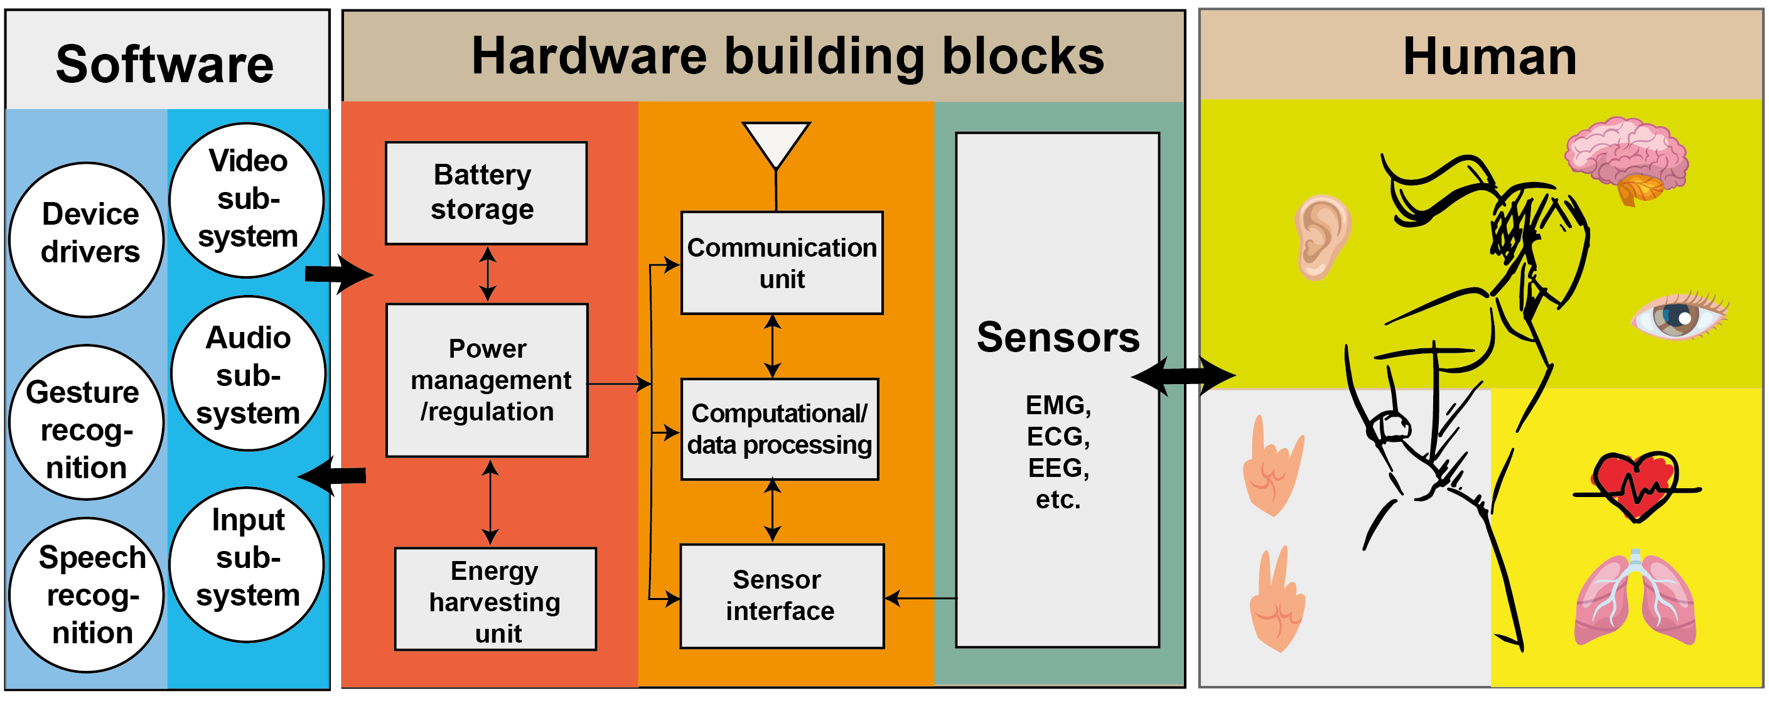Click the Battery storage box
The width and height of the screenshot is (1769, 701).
[x=487, y=193]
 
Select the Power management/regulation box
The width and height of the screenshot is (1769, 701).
[x=487, y=380]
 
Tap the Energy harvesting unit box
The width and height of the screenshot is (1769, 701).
[x=495, y=599]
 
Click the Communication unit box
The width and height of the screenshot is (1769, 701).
[x=782, y=263]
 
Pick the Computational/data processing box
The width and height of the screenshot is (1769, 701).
[x=780, y=429]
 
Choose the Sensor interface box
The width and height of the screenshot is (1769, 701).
[x=782, y=596]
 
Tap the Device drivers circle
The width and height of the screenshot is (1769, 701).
[x=87, y=240]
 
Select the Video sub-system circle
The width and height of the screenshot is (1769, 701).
[x=247, y=200]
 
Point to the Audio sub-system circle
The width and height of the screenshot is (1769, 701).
[x=248, y=373]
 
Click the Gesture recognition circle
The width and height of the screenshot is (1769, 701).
[x=87, y=422]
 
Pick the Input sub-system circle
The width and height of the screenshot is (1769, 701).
[x=247, y=565]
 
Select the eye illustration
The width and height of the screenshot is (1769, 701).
[x=1679, y=316]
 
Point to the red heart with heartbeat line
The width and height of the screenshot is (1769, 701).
[x=1637, y=487]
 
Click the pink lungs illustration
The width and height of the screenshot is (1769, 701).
[x=1635, y=598]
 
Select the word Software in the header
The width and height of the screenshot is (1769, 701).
[x=165, y=65]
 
